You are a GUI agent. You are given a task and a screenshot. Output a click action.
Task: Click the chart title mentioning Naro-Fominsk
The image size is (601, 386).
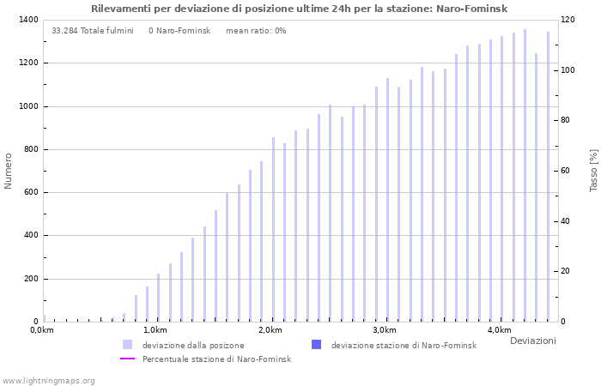coord(299,9)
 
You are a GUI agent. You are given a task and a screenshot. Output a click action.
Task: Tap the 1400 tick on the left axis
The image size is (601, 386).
coord(27,20)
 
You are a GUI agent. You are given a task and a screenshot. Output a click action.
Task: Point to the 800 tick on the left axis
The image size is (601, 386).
coord(29,149)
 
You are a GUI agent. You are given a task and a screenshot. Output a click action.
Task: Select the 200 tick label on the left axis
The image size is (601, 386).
coord(29,279)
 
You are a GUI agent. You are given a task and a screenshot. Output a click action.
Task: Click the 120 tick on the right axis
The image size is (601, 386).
coord(568,20)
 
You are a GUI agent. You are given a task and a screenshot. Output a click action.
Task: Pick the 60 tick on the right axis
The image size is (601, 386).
coord(565,171)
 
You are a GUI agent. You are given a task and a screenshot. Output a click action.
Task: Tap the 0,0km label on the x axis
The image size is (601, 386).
coord(41,330)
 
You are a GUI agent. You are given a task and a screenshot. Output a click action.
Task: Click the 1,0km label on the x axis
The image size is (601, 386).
coord(155,330)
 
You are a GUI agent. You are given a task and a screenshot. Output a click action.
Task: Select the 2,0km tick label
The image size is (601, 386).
coord(270,330)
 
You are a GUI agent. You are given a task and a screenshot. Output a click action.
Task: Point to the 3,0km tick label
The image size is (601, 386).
coord(385,330)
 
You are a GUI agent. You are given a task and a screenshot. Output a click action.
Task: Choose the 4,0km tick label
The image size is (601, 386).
coord(499,330)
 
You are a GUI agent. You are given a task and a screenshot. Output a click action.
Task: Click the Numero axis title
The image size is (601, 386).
coord(9,171)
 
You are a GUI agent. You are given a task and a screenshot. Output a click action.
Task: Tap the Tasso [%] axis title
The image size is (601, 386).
coord(593,171)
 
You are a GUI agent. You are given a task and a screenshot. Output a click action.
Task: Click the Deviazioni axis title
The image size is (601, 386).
coord(532,341)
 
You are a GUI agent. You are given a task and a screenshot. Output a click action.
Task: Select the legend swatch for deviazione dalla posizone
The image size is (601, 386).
coord(127,345)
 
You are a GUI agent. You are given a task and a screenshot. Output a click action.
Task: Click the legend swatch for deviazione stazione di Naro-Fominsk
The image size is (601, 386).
coord(316,345)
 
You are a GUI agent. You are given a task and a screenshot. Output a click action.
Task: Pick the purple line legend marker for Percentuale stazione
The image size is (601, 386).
coord(127,359)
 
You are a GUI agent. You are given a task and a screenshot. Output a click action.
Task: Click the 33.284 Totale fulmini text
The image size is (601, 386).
coord(92,31)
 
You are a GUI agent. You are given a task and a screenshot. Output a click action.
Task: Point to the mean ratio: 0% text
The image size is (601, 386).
coord(256,31)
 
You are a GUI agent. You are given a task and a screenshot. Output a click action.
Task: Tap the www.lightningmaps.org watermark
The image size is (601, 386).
coord(48,380)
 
